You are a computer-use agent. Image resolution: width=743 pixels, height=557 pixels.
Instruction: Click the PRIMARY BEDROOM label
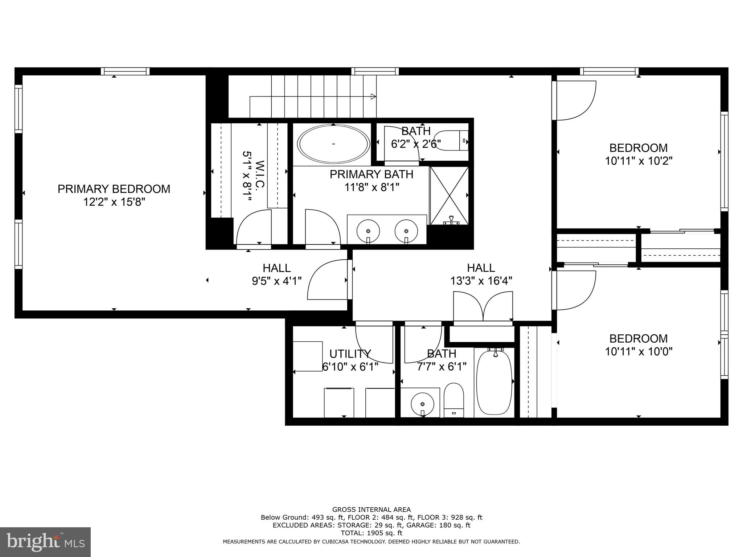[x=114, y=189]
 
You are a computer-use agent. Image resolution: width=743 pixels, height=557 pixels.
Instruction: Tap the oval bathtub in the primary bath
[x=333, y=144]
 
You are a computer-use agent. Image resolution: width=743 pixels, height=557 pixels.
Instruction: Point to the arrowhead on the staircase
[x=373, y=96]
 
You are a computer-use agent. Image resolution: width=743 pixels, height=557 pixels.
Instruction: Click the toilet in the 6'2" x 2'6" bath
[x=450, y=141]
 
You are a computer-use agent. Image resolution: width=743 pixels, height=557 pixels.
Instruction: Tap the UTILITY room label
[x=350, y=353]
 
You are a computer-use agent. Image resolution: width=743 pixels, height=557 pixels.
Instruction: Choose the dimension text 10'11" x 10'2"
[x=639, y=161]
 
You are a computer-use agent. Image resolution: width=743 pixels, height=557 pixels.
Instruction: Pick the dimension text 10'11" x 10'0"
[x=639, y=351]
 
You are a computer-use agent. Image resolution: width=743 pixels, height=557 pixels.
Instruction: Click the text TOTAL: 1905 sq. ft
[x=371, y=533]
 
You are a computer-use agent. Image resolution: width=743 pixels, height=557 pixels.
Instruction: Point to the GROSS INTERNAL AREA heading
[x=371, y=509]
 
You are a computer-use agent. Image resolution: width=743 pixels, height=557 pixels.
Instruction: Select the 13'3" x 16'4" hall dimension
[x=481, y=281]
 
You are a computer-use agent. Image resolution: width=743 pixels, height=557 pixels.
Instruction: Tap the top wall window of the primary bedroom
[x=125, y=71]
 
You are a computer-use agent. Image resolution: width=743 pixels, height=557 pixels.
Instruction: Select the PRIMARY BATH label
[x=371, y=174]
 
